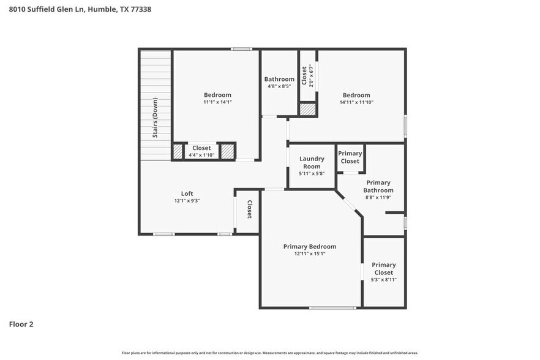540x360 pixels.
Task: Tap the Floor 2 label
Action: point(21,324)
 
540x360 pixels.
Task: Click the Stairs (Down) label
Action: point(156,118)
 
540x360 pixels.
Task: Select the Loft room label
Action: point(187,193)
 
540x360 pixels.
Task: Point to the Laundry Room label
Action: point(311,162)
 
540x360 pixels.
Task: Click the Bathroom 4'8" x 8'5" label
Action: point(279,79)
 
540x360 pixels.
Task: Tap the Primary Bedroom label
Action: point(309,246)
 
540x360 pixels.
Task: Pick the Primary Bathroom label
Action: point(378,186)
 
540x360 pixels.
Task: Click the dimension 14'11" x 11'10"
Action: point(356,102)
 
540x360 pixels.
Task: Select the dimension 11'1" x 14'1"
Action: point(217,102)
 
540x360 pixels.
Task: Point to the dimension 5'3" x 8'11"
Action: point(383,279)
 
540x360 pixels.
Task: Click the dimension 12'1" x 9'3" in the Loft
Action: point(187,201)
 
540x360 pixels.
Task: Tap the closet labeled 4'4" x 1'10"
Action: point(201,151)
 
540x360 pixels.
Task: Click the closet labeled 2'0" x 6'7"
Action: point(307,76)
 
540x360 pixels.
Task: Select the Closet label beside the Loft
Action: point(249,209)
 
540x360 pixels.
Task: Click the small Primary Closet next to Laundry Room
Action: point(350,157)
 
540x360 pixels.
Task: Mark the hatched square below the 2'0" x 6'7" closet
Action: point(307,110)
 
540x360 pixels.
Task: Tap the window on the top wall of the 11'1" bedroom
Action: point(241,49)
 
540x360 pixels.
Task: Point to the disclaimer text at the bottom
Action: point(270,353)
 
